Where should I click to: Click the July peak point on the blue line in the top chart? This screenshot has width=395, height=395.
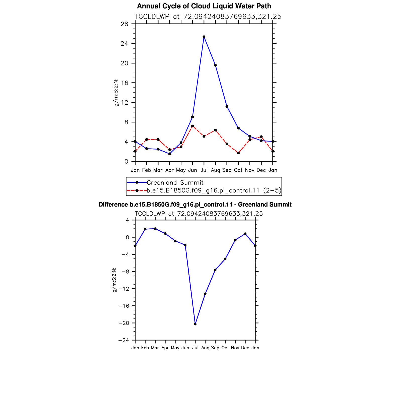[x=204, y=37]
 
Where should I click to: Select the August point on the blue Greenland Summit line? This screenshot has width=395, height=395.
[x=216, y=65]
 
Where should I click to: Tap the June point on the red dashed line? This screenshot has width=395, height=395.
[x=192, y=126]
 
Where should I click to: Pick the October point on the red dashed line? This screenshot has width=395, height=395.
[x=238, y=153]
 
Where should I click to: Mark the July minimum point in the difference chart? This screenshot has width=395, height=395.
[x=195, y=324]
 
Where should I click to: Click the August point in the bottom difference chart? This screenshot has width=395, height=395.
[x=205, y=294]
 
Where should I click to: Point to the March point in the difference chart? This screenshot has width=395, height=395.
[x=155, y=229]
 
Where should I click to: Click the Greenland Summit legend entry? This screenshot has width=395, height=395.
[x=175, y=182]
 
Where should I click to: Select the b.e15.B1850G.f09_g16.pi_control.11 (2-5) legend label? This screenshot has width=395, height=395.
[x=214, y=190]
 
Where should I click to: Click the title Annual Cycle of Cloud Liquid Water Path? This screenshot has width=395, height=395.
[x=204, y=6]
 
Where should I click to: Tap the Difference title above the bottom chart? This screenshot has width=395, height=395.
[x=195, y=205]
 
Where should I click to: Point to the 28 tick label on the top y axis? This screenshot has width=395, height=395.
[x=124, y=24]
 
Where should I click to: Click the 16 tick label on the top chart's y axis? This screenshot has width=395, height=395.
[x=124, y=83]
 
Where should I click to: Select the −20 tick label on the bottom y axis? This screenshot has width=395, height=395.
[x=124, y=323]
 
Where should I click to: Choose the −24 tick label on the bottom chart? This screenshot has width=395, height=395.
[x=124, y=340]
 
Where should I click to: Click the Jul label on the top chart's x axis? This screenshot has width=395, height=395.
[x=204, y=170]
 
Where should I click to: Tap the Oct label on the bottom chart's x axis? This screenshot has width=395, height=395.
[x=225, y=348]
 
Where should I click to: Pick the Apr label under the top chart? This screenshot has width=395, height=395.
[x=170, y=170]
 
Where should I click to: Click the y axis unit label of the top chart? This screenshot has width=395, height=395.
[x=116, y=93]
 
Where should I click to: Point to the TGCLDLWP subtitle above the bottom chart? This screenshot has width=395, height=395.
[x=199, y=214]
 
